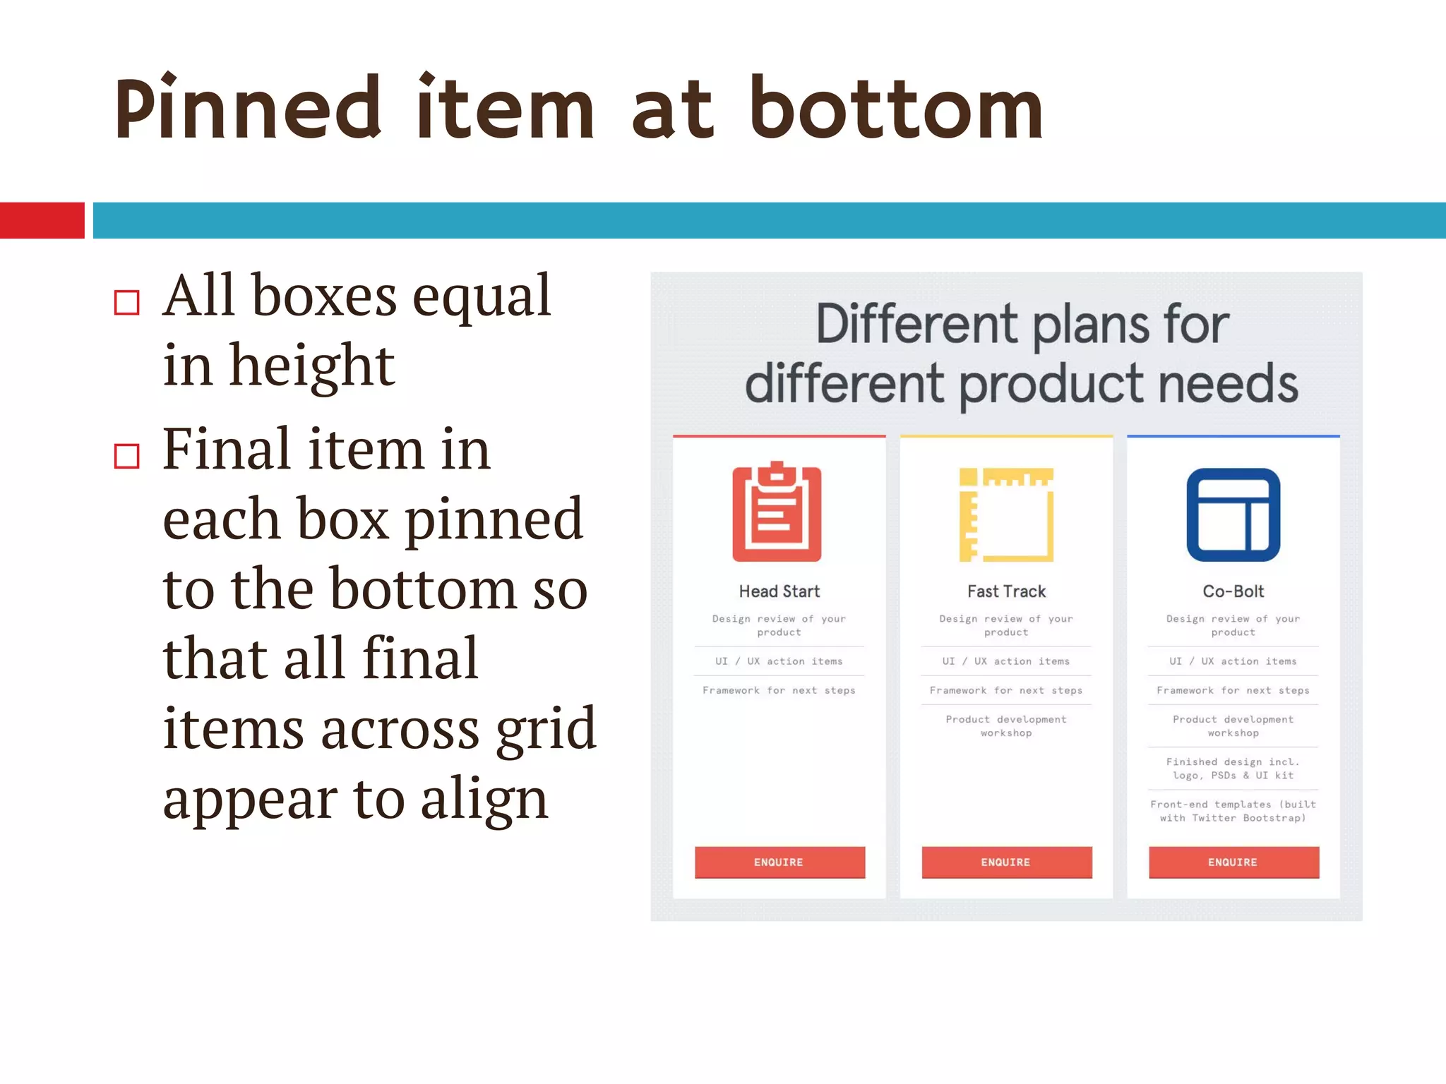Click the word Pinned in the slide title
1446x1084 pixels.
pos(247,109)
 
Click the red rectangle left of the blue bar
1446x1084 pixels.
pos(42,220)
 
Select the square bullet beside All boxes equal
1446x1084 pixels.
pos(127,302)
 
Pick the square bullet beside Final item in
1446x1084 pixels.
pos(127,456)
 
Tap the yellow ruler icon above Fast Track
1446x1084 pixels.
pos(1006,514)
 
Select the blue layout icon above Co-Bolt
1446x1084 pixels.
pos(1233,514)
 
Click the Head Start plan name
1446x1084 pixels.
pos(779,591)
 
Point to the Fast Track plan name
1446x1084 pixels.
pos(1006,591)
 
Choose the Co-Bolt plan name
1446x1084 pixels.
pos(1233,591)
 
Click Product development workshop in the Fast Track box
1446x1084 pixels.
pos(1006,725)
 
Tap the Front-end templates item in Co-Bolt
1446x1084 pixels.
pos(1233,811)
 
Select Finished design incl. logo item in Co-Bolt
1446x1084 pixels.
pos(1233,769)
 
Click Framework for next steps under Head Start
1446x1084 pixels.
pos(779,690)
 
